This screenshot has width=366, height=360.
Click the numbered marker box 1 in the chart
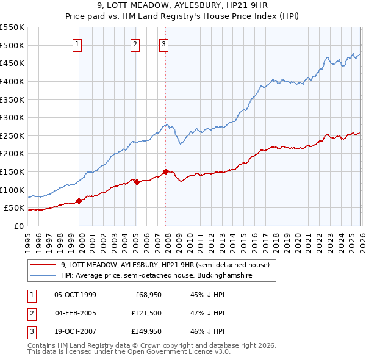click(78, 43)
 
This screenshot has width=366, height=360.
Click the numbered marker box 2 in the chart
click(135, 43)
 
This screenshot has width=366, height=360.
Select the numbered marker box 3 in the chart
click(164, 43)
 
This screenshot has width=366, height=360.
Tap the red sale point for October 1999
click(79, 201)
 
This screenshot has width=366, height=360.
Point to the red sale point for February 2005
click(137, 182)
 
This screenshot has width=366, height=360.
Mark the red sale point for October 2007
click(165, 171)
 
